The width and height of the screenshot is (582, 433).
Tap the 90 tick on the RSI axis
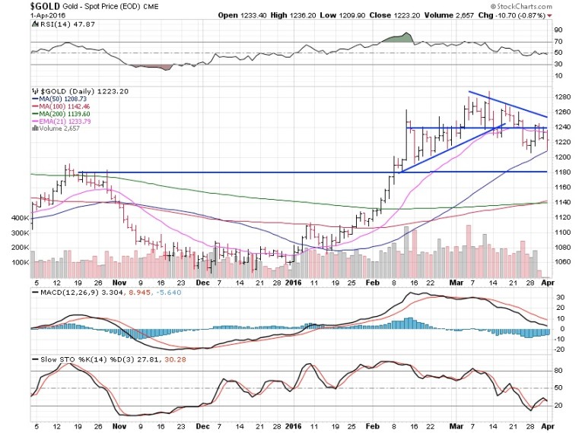558,29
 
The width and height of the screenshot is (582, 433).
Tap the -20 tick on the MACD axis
558,349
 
